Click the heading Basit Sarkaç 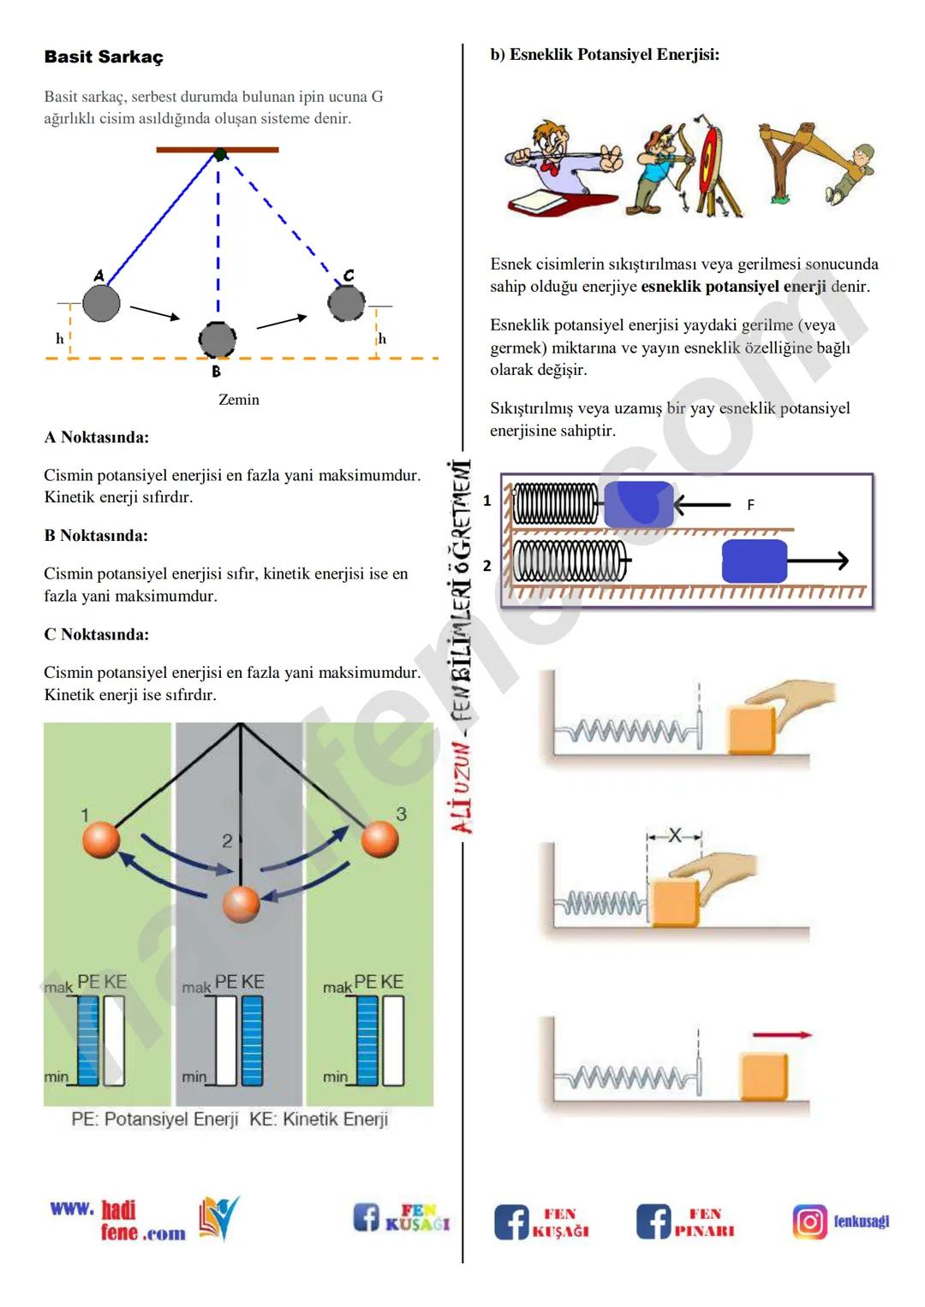click(104, 57)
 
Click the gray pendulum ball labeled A click(101, 304)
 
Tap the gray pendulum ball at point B click(218, 340)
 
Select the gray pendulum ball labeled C click(346, 303)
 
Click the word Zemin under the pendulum click(238, 400)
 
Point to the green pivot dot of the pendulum click(220, 155)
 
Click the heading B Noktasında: click(96, 536)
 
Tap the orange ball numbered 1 click(101, 839)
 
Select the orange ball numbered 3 click(379, 839)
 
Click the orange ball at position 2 click(241, 904)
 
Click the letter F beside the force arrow click(750, 505)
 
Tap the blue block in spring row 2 click(754, 561)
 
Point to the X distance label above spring click(674, 835)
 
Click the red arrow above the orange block click(781, 1035)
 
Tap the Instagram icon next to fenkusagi click(809, 1221)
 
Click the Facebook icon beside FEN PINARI click(653, 1221)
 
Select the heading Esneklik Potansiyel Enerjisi click(605, 55)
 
